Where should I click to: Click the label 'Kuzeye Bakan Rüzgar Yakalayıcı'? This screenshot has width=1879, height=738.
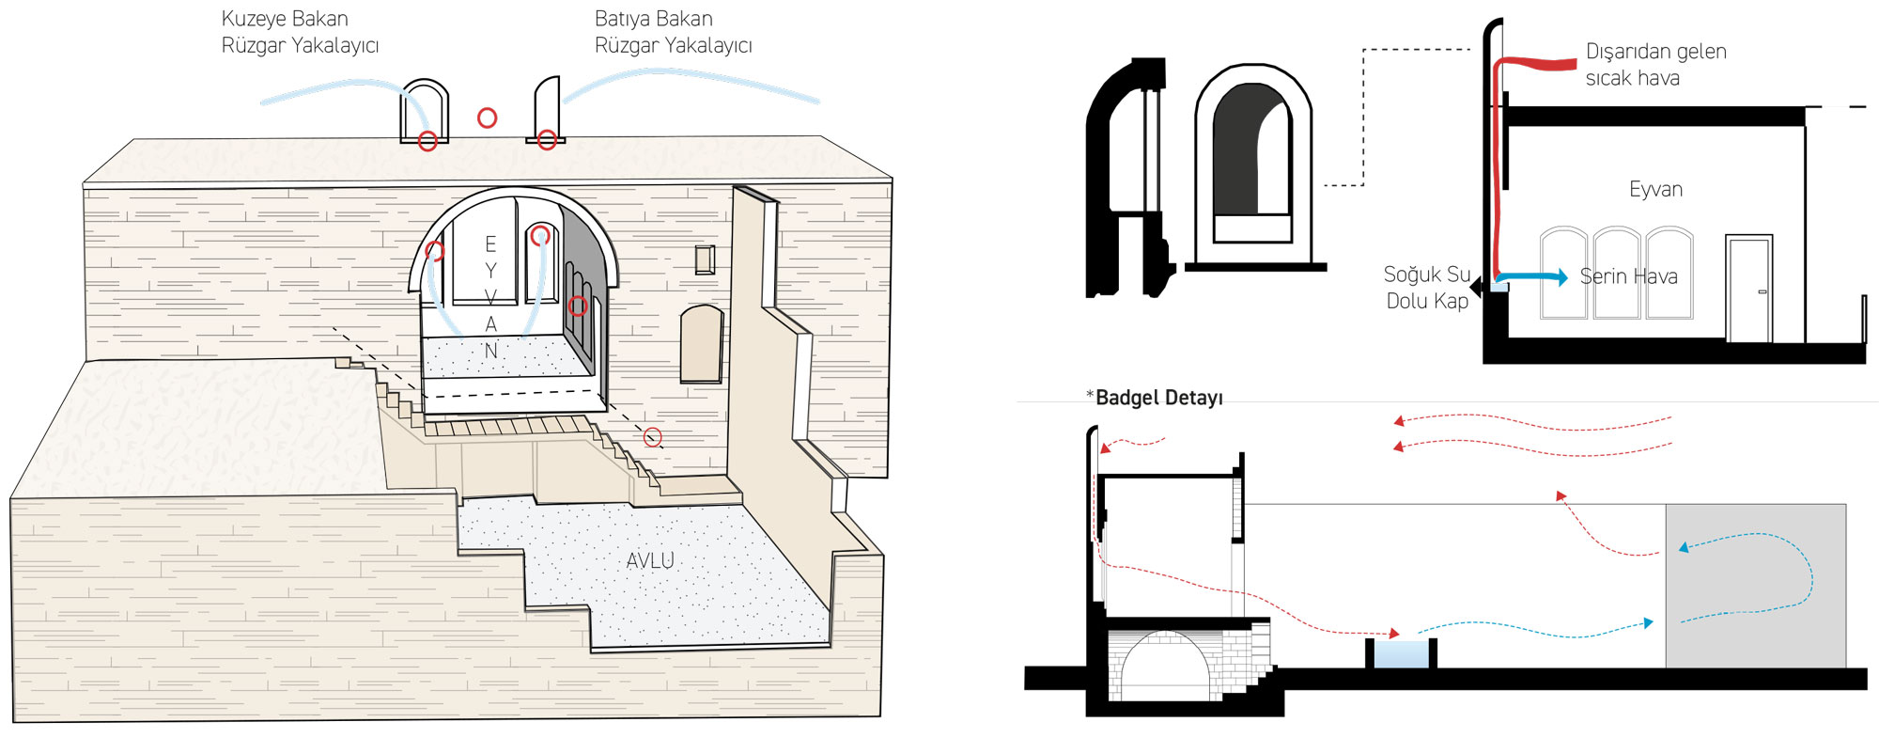click(299, 32)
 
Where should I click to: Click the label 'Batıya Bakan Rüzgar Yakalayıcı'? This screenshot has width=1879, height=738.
click(673, 32)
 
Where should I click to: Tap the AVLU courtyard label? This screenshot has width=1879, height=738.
click(650, 560)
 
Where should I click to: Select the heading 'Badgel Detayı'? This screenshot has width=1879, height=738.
click(1158, 398)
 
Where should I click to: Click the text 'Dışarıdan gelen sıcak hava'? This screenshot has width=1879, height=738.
click(1655, 64)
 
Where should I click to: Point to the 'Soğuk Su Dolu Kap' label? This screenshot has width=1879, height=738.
click(1426, 287)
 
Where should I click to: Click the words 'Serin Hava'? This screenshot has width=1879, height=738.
click(1628, 276)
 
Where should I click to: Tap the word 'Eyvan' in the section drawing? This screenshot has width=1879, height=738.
click(1655, 189)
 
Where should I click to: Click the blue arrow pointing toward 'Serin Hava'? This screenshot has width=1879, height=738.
click(1531, 277)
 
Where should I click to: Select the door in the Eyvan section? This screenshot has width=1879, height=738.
click(1748, 290)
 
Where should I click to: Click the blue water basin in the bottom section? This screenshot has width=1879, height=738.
click(1401, 653)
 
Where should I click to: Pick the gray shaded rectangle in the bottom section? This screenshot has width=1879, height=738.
click(1755, 585)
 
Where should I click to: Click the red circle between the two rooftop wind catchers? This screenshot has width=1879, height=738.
click(487, 118)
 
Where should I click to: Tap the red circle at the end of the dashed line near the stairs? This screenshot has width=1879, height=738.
click(652, 437)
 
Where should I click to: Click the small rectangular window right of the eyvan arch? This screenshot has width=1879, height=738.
click(705, 259)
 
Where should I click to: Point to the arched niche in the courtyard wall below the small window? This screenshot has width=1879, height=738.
click(701, 343)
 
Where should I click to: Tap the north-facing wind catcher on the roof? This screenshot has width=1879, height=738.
click(424, 112)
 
